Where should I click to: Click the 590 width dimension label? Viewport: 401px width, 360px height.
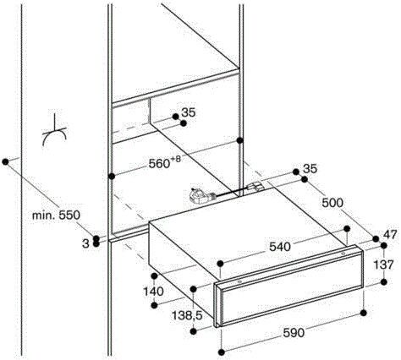click(294, 333)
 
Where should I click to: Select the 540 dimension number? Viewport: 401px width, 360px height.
click(280, 247)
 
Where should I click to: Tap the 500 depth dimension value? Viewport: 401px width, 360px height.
click(332, 203)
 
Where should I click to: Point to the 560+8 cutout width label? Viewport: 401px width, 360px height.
click(164, 163)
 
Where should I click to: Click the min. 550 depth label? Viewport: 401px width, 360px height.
click(56, 215)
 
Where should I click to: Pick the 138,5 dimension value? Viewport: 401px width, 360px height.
click(187, 316)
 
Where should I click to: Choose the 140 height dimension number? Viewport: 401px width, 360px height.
click(154, 292)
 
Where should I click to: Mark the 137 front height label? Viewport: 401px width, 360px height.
click(383, 265)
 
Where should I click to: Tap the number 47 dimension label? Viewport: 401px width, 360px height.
click(390, 234)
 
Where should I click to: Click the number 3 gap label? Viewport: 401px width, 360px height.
click(85, 243)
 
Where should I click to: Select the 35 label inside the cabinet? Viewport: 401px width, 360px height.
click(189, 112)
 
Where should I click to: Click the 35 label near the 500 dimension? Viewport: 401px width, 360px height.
click(310, 169)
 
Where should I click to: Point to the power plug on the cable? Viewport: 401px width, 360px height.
click(200, 195)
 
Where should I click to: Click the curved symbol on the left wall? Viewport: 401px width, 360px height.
click(54, 132)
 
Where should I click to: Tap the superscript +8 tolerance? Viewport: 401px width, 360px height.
click(175, 160)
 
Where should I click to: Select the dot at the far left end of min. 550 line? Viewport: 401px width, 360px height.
click(5, 162)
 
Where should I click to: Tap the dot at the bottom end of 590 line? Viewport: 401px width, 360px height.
click(222, 352)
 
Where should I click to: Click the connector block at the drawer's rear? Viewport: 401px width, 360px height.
click(255, 187)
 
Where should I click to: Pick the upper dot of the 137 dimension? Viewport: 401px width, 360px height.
click(383, 246)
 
